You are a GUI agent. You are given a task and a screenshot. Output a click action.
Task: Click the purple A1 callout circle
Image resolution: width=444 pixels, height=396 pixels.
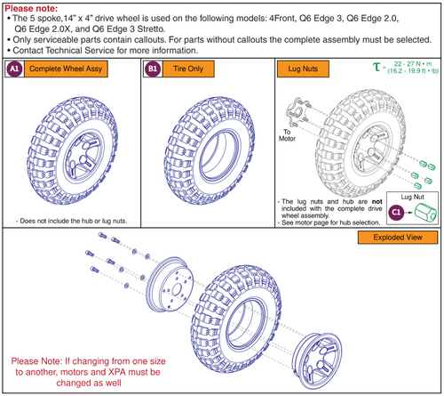[14, 69]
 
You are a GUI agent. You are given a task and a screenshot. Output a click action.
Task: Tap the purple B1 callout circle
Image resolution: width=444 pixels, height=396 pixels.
[153, 69]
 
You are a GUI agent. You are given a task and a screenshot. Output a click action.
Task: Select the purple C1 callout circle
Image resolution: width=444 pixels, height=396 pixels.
[396, 213]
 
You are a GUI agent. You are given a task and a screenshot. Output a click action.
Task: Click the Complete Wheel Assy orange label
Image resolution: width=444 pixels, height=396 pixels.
[66, 69]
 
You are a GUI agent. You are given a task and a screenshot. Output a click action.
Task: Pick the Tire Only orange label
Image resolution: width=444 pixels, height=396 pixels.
[188, 69]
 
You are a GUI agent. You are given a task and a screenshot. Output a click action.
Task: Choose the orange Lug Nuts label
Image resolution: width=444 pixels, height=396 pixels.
[303, 69]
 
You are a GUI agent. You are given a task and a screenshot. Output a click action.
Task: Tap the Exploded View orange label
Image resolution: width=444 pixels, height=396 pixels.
[398, 238]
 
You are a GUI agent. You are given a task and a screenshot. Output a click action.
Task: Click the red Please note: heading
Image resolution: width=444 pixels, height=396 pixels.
[31, 8]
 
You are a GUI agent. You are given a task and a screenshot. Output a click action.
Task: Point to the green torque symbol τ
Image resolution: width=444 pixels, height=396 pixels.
[377, 67]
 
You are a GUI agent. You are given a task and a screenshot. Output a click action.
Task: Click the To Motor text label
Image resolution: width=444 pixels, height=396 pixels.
[287, 135]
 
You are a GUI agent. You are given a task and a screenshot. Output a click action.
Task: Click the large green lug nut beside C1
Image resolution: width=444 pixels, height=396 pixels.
[425, 212]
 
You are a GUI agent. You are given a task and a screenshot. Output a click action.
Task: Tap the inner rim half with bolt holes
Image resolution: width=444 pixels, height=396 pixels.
[171, 285]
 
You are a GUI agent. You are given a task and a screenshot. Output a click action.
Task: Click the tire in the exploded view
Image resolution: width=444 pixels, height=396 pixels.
[236, 319]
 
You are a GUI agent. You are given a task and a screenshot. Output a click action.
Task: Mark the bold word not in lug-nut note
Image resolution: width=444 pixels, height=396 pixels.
[377, 202]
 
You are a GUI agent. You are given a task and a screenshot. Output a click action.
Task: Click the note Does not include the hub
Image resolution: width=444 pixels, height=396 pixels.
[71, 221]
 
